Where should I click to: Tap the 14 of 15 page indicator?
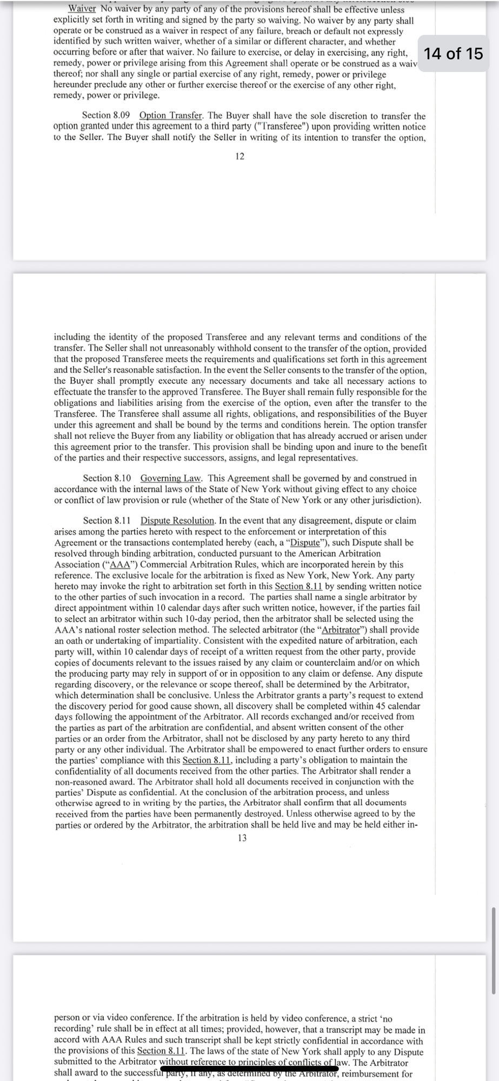(453, 54)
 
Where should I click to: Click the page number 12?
(240, 156)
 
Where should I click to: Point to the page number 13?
(242, 838)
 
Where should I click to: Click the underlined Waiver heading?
(82, 9)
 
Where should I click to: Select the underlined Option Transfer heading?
(170, 116)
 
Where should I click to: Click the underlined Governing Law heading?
(171, 478)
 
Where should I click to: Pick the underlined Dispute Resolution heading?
(177, 521)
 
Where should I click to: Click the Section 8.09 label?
(106, 116)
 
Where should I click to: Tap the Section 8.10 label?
(107, 478)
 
